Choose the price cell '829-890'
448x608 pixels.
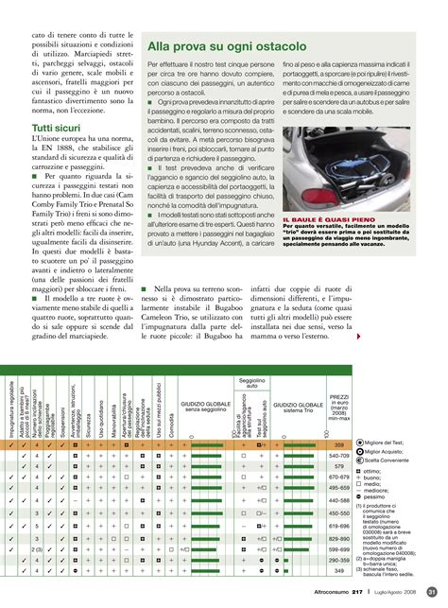pos(340,538)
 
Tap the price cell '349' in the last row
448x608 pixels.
pos(340,571)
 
